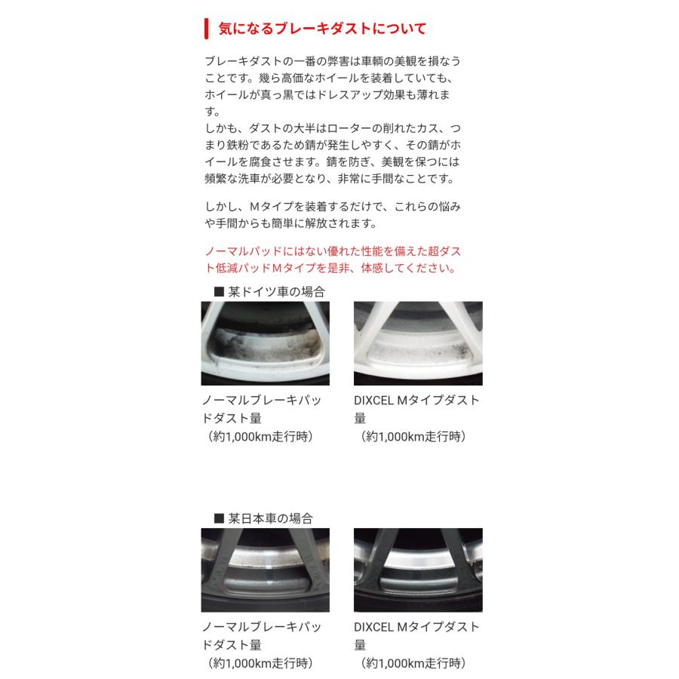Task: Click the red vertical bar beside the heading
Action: tap(206, 29)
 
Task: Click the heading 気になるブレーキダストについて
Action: tap(322, 29)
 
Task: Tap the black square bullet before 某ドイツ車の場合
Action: tap(220, 291)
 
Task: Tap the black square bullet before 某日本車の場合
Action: tap(220, 518)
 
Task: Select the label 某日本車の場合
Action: tap(271, 518)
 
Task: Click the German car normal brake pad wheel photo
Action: tap(266, 343)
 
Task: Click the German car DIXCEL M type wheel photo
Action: tap(417, 343)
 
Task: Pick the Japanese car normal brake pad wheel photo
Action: tap(266, 570)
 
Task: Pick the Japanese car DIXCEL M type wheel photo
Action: tap(417, 570)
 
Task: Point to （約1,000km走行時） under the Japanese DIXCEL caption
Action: tap(413, 663)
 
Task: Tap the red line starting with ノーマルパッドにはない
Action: tap(332, 250)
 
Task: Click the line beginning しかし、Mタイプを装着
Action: tap(332, 206)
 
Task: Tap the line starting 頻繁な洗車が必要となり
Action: tap(330, 180)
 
